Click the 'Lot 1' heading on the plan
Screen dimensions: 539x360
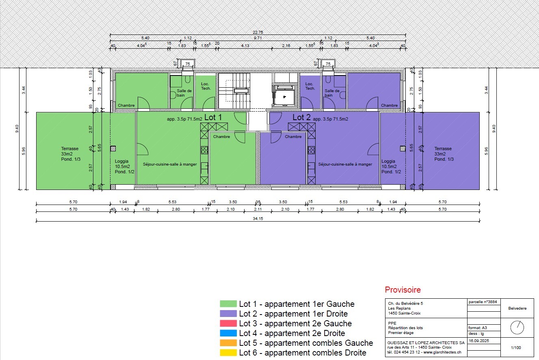[x=213, y=117]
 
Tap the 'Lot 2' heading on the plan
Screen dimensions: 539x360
[x=301, y=117]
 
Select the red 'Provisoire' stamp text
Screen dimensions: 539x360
[x=403, y=290]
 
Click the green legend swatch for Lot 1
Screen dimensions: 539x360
[x=228, y=304]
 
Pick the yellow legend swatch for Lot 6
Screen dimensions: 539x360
[x=228, y=353]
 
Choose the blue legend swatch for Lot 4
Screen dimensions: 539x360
[x=228, y=333]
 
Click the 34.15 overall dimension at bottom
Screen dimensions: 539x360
[x=258, y=219]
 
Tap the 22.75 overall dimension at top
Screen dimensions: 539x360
[x=258, y=32]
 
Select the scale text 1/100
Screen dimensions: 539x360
[x=516, y=347]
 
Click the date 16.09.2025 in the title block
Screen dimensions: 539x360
[x=479, y=341]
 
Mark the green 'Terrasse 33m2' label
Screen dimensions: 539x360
[x=70, y=151]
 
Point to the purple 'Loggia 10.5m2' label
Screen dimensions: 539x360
[x=389, y=164]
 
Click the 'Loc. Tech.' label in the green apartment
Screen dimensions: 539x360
[x=206, y=86]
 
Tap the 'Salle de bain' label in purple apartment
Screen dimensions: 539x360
[x=332, y=93]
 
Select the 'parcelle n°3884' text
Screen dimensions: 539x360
[x=483, y=302]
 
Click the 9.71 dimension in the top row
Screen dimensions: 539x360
[x=258, y=38]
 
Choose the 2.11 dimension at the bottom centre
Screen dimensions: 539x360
[x=258, y=209]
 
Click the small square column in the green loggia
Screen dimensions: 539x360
[x=113, y=149]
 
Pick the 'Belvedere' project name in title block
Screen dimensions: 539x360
[x=517, y=308]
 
